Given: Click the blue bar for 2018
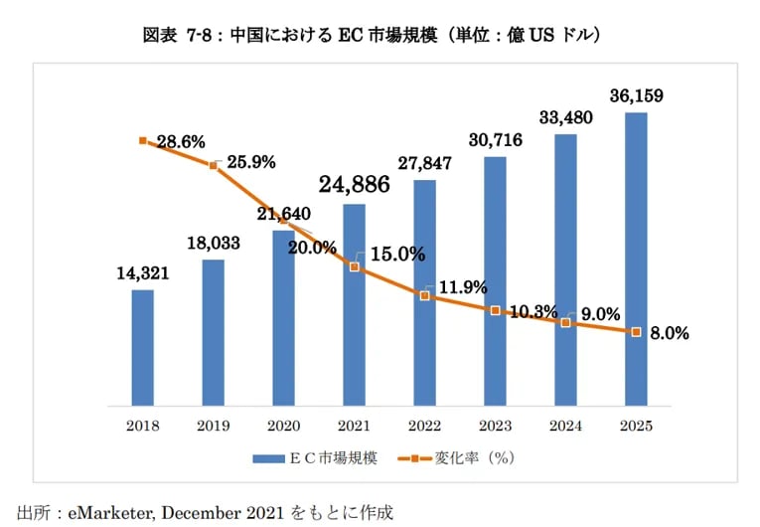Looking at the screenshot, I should [142, 347].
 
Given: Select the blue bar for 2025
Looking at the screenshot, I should [636, 259].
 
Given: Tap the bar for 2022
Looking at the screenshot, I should [424, 292].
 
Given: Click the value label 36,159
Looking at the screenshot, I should [636, 96].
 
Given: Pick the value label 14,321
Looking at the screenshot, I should [142, 273].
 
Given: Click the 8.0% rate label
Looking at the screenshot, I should [669, 334].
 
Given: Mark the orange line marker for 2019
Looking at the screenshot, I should [213, 165].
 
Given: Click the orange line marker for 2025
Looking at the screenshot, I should [636, 332].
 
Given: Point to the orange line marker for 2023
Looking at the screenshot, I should [495, 310].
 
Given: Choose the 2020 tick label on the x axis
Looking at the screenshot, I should [283, 426].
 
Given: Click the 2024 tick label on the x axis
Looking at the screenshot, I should [565, 426].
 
